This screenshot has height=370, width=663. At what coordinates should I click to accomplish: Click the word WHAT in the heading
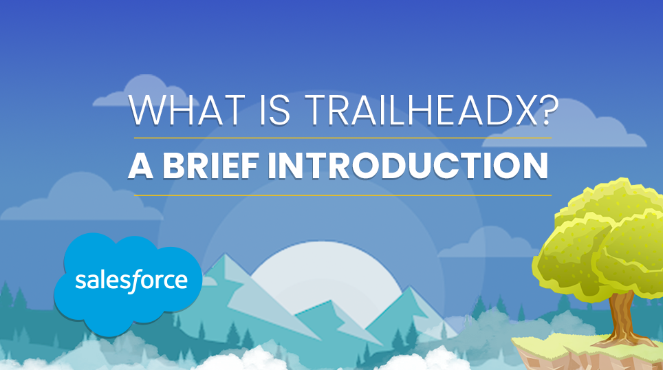[187, 110]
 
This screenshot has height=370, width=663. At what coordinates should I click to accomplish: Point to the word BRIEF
[211, 166]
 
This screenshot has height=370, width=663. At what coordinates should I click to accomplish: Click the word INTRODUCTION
[409, 166]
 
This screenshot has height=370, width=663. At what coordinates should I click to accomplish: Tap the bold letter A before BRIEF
[140, 166]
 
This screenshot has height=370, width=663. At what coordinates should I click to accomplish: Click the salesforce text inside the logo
[131, 280]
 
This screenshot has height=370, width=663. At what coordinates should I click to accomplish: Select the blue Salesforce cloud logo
[128, 283]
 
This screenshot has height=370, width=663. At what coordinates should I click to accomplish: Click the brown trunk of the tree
[621, 317]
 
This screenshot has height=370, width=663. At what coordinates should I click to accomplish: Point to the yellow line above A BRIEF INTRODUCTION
[343, 138]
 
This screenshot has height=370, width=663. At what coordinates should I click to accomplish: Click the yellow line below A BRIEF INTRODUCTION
[343, 195]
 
